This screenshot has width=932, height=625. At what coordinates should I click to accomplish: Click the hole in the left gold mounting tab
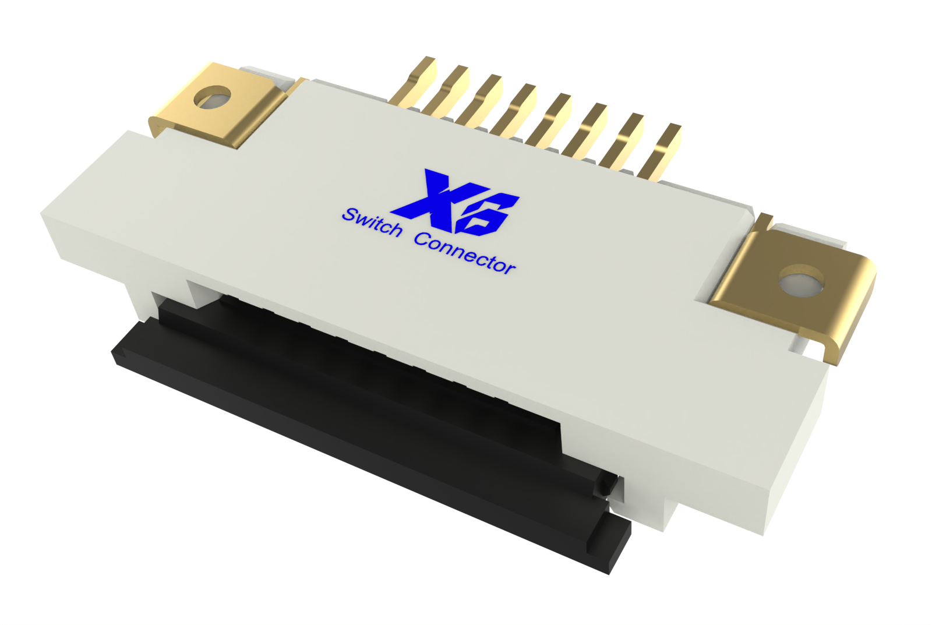coord(213,97)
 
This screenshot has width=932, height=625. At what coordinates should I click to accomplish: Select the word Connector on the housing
coord(465,252)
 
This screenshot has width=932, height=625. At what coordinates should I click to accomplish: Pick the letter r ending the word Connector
coord(509,267)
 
